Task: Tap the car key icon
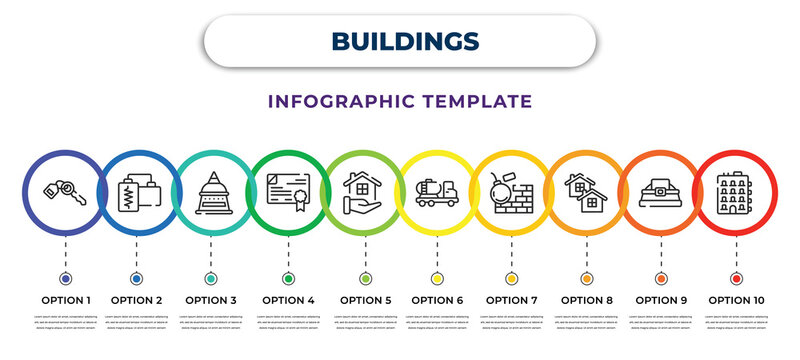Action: click(65, 191)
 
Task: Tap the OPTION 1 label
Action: click(65, 298)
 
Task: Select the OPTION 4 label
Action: click(288, 298)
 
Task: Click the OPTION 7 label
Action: click(512, 298)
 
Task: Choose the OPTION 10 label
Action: click(736, 298)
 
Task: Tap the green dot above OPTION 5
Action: click(364, 278)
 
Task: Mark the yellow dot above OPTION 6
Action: click(438, 278)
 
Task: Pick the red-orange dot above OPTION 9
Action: click(661, 278)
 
